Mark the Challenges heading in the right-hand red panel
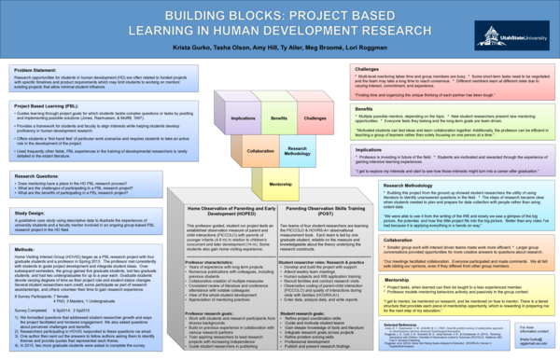coord(368,70)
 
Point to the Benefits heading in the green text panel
coord(365,108)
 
